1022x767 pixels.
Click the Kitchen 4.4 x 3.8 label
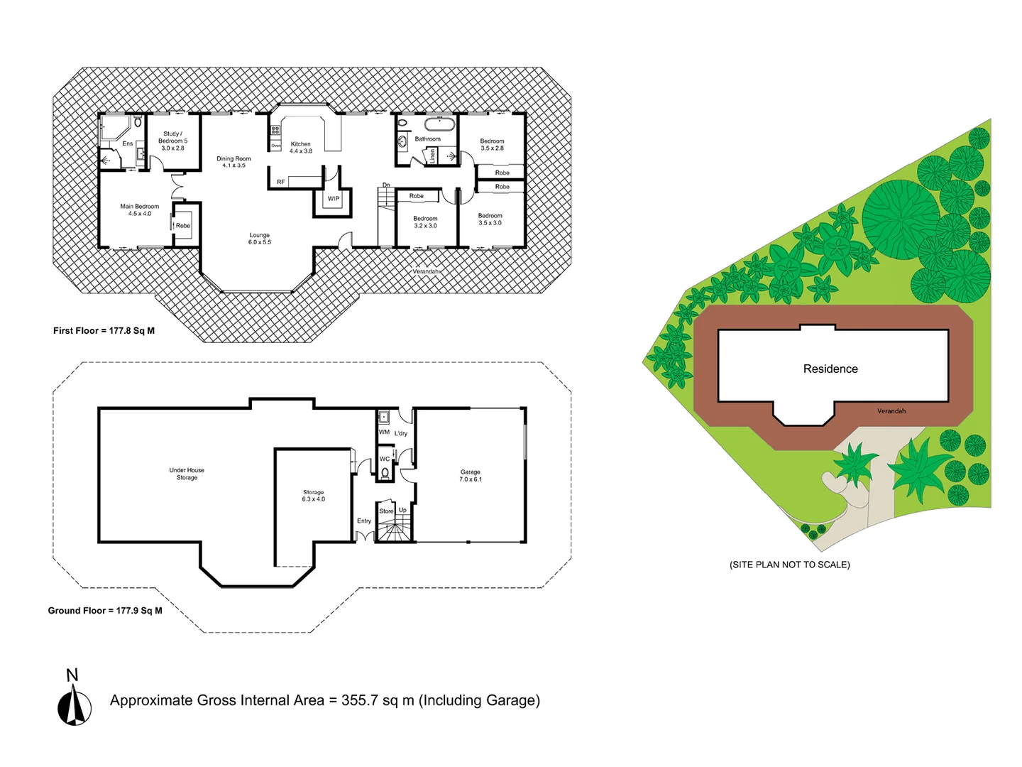pos(301,148)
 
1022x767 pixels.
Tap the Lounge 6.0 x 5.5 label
pos(260,239)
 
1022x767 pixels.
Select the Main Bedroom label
pos(140,210)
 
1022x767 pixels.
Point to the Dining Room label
pos(233,162)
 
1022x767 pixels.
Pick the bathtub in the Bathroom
pos(439,124)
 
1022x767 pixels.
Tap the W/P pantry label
pos(334,199)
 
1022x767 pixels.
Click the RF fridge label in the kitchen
pos(281,183)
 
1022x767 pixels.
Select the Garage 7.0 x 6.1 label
pos(471,475)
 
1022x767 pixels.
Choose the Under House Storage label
pos(187,474)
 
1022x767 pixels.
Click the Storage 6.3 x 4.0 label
pos(313,496)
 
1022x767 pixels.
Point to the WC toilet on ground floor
pos(385,472)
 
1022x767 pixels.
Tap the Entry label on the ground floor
pos(364,521)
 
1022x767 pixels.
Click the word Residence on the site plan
pos(830,369)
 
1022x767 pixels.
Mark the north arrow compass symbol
pos(75,707)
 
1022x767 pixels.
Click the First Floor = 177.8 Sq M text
pos(104,331)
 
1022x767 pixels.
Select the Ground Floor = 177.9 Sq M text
pos(105,611)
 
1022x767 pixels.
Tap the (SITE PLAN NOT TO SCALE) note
pos(789,565)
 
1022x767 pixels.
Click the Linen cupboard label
pos(432,156)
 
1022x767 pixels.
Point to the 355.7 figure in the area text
pos(360,700)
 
